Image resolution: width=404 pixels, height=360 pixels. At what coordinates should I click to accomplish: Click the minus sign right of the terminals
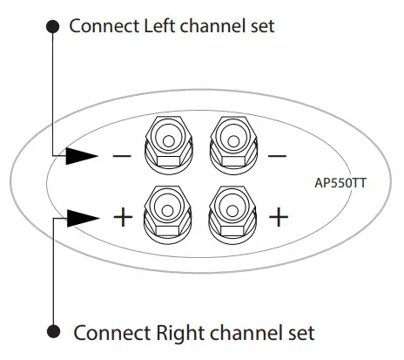coord(277,157)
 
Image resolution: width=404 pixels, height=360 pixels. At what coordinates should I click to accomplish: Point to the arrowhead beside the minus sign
coord(83,157)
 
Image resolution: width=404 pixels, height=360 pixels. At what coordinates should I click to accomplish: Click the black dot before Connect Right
coord(54,332)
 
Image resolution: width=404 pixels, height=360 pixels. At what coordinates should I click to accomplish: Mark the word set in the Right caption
coord(300,332)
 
